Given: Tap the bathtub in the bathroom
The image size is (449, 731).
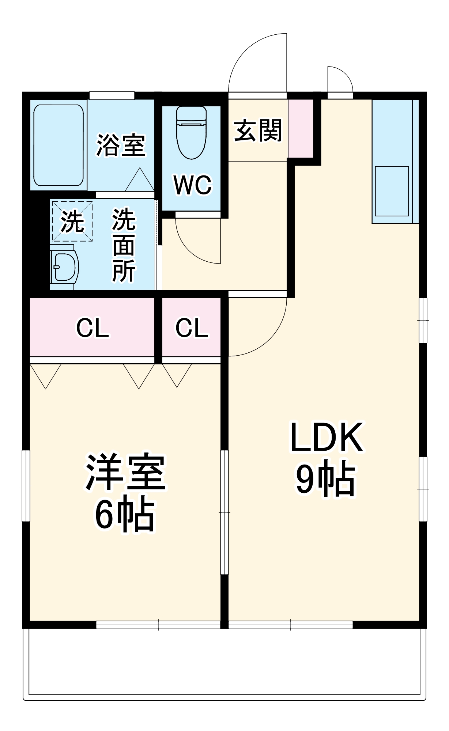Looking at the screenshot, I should [x=59, y=145].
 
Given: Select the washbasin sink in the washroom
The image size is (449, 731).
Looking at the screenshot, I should [x=65, y=267].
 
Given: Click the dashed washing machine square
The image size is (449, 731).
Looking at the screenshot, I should [x=72, y=221].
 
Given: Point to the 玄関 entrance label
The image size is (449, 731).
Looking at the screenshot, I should [x=258, y=130].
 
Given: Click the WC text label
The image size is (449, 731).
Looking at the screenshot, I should [x=192, y=185].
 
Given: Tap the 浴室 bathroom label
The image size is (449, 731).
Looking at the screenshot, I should [x=121, y=145].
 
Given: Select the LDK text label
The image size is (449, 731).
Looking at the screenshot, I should [x=326, y=437].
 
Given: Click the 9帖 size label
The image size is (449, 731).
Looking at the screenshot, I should [x=325, y=480].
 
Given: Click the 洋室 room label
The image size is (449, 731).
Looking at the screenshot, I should [x=125, y=472].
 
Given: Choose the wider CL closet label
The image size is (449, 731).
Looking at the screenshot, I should [x=93, y=328].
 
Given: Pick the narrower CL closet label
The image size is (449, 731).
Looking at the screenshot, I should [x=192, y=327].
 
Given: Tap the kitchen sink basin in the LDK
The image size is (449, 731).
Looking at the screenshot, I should [x=392, y=191].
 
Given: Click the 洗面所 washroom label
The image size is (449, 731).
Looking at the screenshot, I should [x=124, y=245].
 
